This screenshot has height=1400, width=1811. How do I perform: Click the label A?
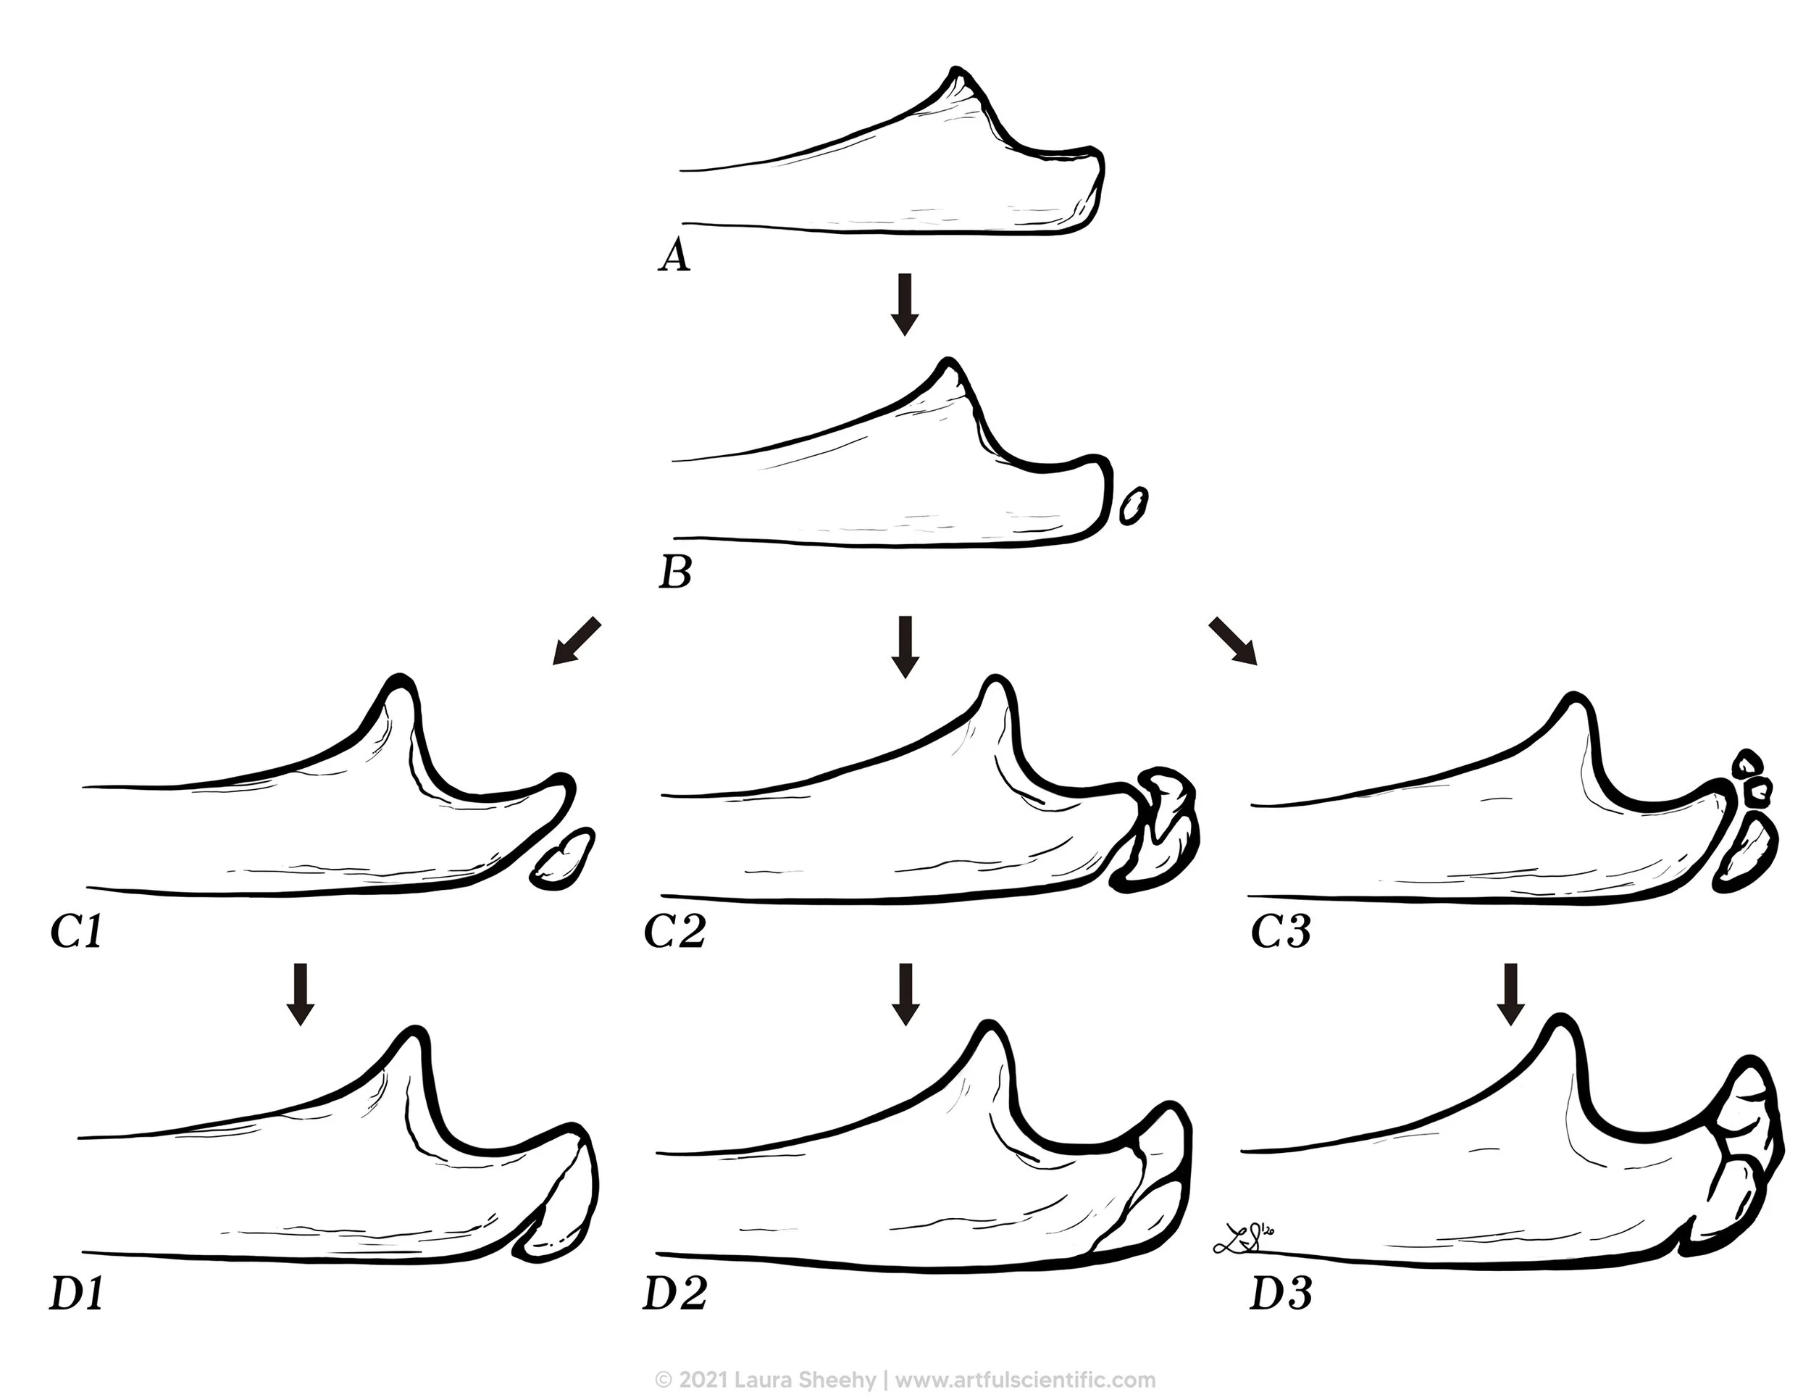[674, 257]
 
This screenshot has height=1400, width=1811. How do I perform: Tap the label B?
[675, 572]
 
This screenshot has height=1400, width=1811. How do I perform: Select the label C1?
[76, 932]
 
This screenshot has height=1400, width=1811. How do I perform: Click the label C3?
[1280, 932]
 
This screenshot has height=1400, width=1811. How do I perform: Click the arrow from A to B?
[905, 304]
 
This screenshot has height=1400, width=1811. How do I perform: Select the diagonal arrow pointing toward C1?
[575, 641]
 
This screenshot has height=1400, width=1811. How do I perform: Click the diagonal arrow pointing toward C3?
[1233, 641]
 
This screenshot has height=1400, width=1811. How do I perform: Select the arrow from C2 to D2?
[905, 993]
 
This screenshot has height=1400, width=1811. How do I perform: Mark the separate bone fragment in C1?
[563, 859]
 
